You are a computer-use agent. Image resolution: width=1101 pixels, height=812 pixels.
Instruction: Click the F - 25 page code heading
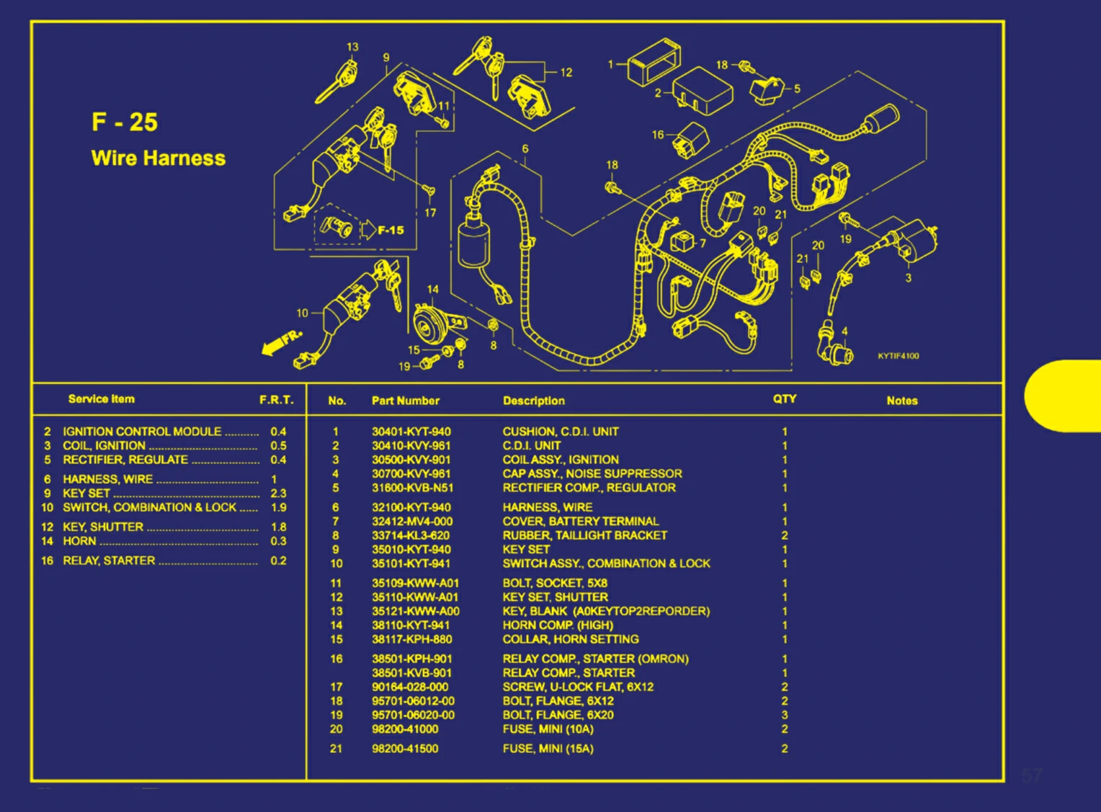pos(124,122)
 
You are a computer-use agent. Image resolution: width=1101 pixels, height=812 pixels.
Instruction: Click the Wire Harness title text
pos(158,159)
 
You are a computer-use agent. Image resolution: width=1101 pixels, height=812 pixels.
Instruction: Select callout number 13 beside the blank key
pos(352,47)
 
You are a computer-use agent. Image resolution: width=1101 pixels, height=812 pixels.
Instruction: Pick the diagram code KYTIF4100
pos(898,356)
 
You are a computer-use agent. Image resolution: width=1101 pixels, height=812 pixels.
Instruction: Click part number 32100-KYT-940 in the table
pos(411,507)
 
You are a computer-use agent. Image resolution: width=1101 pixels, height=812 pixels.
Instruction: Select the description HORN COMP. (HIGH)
pos(558,625)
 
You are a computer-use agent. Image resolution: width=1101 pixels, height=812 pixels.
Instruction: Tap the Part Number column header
pos(405,401)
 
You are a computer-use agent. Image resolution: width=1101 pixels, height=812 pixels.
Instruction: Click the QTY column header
pos(784,399)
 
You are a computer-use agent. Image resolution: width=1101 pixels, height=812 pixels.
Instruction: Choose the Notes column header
pos(901,401)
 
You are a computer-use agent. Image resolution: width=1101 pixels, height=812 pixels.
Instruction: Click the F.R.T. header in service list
pos(276,400)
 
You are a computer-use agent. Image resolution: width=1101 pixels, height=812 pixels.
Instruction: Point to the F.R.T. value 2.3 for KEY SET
pos(278,494)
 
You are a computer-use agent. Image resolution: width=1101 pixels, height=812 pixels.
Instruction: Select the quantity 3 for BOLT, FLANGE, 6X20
pos(785,715)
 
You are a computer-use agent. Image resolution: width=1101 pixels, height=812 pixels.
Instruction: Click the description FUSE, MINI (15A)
pos(548,749)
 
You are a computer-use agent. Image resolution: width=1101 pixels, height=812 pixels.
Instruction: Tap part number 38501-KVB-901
pos(411,673)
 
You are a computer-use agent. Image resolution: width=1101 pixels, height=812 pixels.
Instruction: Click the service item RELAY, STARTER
pos(108,561)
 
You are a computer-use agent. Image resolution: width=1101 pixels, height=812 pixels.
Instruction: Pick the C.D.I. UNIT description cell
pos(531,445)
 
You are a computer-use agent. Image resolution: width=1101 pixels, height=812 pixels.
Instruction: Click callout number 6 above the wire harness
pos(525,149)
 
